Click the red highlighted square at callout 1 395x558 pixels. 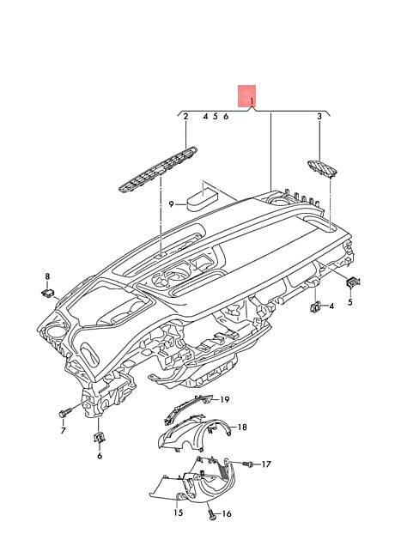click(x=247, y=96)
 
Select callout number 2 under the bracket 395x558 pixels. click(x=185, y=117)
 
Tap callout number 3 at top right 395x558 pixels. click(x=319, y=117)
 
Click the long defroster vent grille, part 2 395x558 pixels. click(x=158, y=169)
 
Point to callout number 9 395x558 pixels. click(x=172, y=204)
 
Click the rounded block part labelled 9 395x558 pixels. click(x=202, y=201)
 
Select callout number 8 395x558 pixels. click(x=47, y=276)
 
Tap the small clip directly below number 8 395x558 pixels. click(x=47, y=293)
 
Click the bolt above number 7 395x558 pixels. click(x=64, y=413)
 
